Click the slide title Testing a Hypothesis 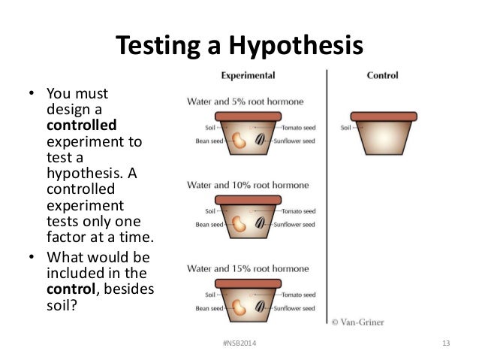coord(239,46)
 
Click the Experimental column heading coord(248,76)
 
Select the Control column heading coord(382,76)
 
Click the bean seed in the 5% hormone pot coord(239,141)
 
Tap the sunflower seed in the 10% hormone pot coord(260,222)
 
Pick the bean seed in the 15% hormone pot coord(239,305)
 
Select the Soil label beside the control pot coord(346,128)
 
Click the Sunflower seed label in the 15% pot coord(294,306)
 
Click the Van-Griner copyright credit coord(359,322)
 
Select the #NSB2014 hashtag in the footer coord(239,344)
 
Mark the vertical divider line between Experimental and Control coord(327,195)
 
